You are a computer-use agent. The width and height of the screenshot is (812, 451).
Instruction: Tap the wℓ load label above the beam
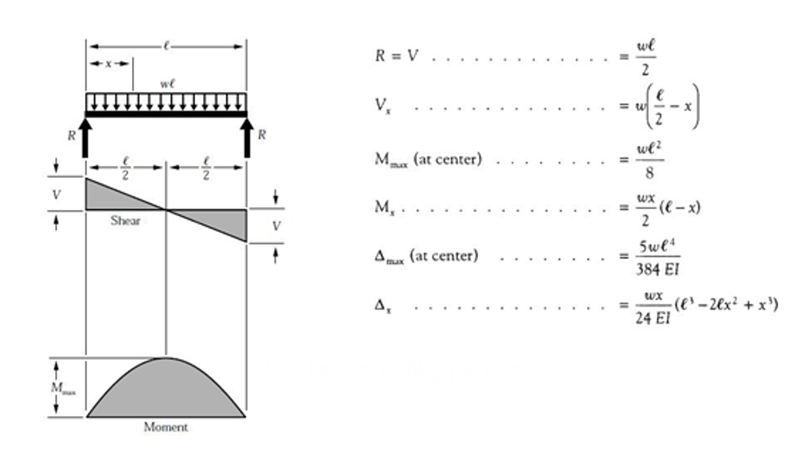point(168,84)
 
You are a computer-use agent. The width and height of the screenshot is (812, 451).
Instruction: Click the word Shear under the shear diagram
point(125,220)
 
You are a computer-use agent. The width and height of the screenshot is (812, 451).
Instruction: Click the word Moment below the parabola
point(166,427)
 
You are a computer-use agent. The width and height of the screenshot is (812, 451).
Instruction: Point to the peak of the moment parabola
point(166,358)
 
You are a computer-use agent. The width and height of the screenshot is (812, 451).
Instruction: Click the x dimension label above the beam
point(108,63)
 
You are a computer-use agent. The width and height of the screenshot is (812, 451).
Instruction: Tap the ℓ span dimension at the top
point(166,46)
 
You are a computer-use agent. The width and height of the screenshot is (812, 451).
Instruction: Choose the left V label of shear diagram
point(56,195)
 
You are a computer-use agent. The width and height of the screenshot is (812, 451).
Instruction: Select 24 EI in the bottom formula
point(653,317)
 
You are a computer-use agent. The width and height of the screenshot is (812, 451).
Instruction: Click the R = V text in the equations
point(396,56)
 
